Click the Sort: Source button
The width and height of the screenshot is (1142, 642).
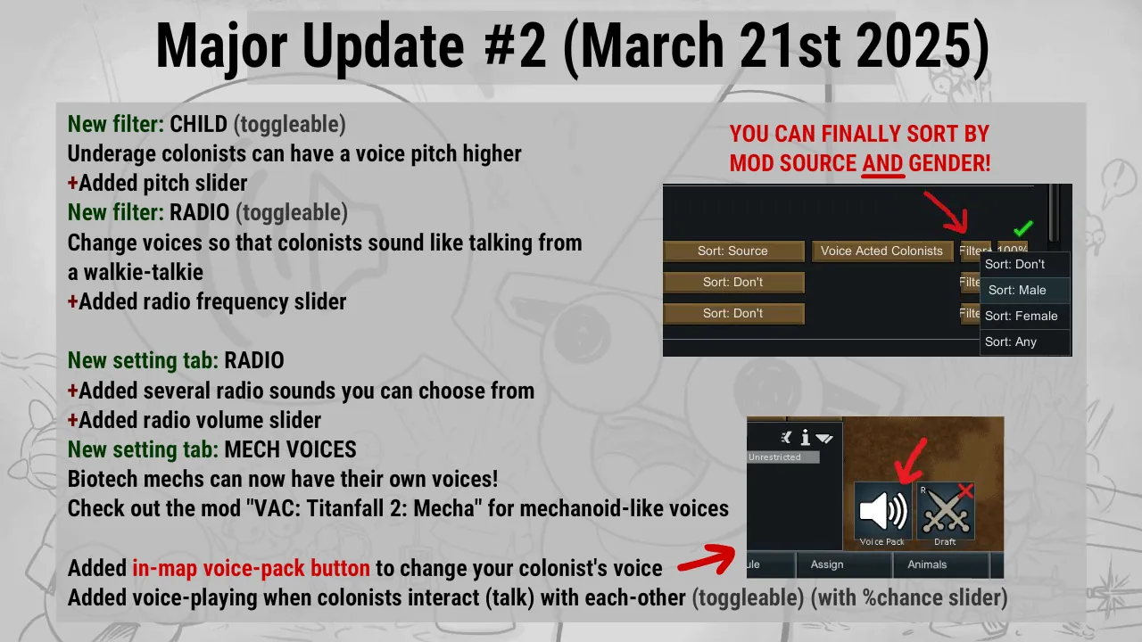pyautogui.click(x=733, y=251)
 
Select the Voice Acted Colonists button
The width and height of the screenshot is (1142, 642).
pyautogui.click(x=882, y=251)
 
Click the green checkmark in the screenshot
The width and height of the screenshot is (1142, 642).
pyautogui.click(x=1022, y=228)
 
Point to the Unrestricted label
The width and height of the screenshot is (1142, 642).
pyautogui.click(x=774, y=457)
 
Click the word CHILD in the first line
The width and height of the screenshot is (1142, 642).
pyautogui.click(x=198, y=124)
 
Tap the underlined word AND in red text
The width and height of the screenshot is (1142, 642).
pyautogui.click(x=883, y=163)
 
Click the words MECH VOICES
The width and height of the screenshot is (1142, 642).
pyautogui.click(x=291, y=449)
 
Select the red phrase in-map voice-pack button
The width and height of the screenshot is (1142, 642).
pyautogui.click(x=252, y=569)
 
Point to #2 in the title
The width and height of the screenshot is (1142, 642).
pyautogui.click(x=516, y=45)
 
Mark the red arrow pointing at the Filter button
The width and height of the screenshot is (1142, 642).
pyautogui.click(x=946, y=213)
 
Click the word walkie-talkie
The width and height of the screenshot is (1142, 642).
pyautogui.click(x=144, y=272)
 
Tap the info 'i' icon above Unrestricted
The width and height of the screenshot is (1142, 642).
pyautogui.click(x=805, y=437)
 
